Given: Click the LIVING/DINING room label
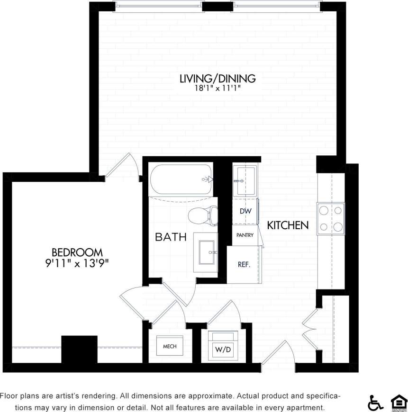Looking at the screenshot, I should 218,78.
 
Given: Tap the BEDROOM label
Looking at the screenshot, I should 77,252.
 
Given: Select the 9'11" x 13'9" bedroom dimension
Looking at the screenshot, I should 77,263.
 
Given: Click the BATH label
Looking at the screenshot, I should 171,237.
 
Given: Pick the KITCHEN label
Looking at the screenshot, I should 288,225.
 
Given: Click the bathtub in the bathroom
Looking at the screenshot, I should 181,179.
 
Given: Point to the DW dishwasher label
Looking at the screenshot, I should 245,211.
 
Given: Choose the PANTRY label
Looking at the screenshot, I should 245,235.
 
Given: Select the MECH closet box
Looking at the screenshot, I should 169,347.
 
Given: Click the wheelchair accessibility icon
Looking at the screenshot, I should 375,403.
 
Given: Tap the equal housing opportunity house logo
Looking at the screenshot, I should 399,403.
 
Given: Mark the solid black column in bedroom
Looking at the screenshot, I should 79,349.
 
